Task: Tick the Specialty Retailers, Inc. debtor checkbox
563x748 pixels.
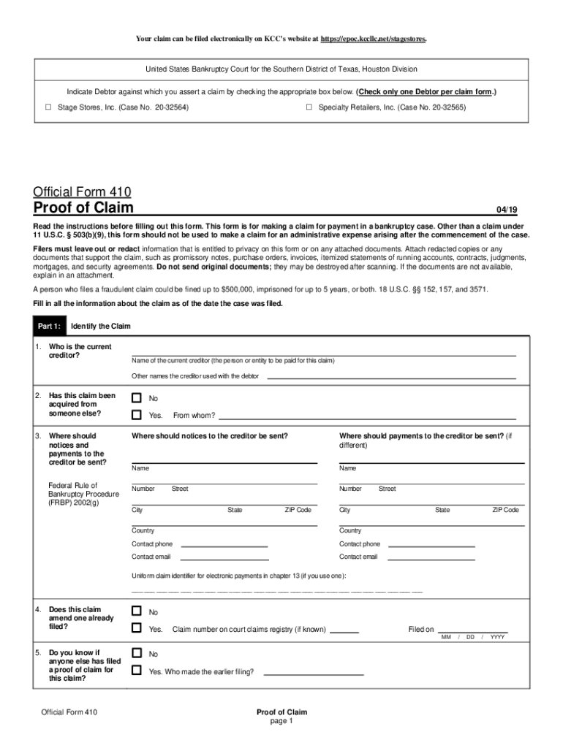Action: coord(309,107)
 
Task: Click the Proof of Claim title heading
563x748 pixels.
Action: coord(83,208)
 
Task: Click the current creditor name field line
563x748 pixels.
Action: coord(323,354)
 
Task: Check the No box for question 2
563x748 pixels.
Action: coord(136,398)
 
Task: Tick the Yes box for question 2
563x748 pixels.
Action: coord(136,415)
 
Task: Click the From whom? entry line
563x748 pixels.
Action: coord(367,417)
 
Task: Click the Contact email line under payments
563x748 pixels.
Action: coord(431,558)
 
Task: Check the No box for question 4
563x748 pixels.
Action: coord(136,611)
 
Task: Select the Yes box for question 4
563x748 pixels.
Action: coord(136,628)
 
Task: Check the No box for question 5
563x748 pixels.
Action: coord(136,653)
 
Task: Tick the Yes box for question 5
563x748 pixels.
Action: coord(136,670)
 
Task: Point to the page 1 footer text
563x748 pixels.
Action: coord(281,721)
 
